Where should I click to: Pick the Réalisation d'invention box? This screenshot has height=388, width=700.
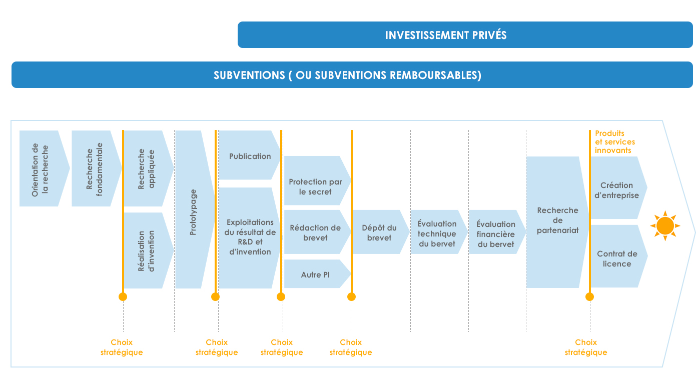point(147,250)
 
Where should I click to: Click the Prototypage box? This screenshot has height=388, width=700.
point(193,210)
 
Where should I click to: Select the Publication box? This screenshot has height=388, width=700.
point(250,156)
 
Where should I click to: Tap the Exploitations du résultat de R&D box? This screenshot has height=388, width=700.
point(249,237)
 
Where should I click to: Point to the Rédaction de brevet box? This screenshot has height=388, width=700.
point(316,232)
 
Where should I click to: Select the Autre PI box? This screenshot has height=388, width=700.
point(315,274)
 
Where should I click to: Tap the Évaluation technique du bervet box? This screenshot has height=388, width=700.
point(436,233)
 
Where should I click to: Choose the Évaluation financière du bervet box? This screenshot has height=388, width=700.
point(495,233)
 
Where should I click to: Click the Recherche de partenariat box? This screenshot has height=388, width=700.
point(557,221)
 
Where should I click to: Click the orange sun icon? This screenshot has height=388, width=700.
point(665,226)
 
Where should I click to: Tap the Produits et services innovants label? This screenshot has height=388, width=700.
point(615,142)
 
